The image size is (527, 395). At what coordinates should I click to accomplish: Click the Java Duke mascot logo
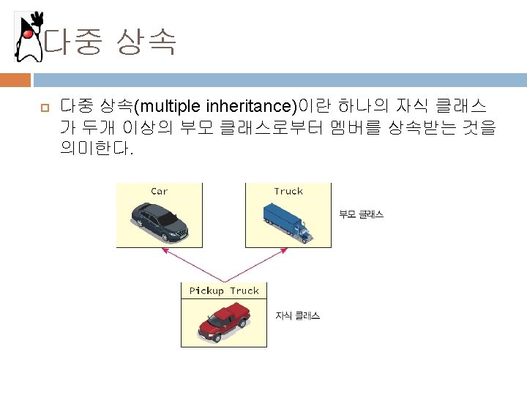click(29, 37)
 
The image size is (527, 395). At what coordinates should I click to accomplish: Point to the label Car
click(159, 192)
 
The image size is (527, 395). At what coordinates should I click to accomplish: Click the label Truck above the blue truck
click(288, 192)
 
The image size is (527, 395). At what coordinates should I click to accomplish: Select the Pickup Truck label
click(224, 291)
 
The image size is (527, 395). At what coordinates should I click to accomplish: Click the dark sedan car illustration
click(159, 222)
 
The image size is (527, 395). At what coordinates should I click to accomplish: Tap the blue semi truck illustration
click(288, 221)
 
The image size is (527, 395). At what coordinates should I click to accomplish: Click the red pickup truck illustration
click(225, 323)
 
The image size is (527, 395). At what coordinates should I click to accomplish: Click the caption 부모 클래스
click(360, 215)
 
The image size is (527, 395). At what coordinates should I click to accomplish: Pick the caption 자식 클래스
click(297, 316)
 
